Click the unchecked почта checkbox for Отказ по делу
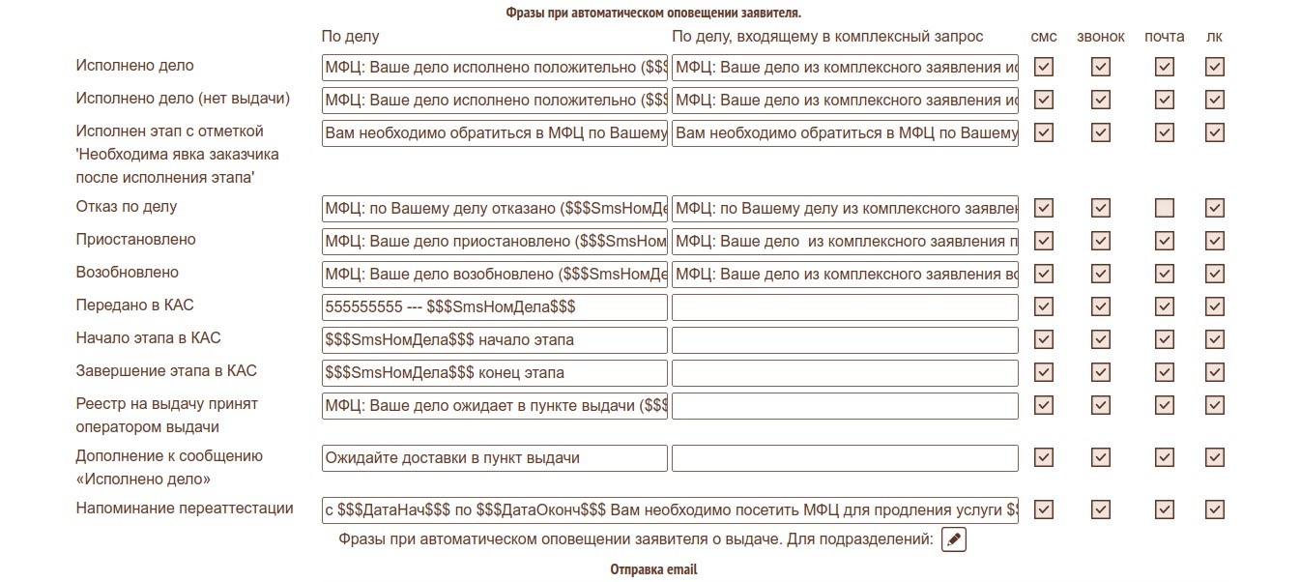click(x=1165, y=208)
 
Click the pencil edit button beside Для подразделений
click(x=953, y=539)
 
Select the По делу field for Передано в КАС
click(x=494, y=307)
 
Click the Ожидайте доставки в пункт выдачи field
click(x=494, y=458)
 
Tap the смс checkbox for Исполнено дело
click(x=1043, y=67)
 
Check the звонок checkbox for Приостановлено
click(x=1101, y=241)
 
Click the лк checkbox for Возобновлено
click(x=1215, y=274)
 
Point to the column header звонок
click(x=1101, y=37)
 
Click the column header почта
click(x=1164, y=37)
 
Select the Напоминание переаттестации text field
click(x=670, y=509)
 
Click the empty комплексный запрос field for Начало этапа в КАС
click(x=845, y=340)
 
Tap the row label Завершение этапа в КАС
click(x=166, y=371)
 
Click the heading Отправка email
click(x=652, y=570)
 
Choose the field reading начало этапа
click(x=494, y=340)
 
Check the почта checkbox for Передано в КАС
click(x=1165, y=306)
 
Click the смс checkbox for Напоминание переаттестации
click(x=1043, y=509)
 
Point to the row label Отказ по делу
click(x=127, y=207)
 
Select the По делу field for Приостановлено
click(x=494, y=241)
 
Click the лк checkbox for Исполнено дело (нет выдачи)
click(x=1215, y=100)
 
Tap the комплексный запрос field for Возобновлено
click(x=845, y=274)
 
